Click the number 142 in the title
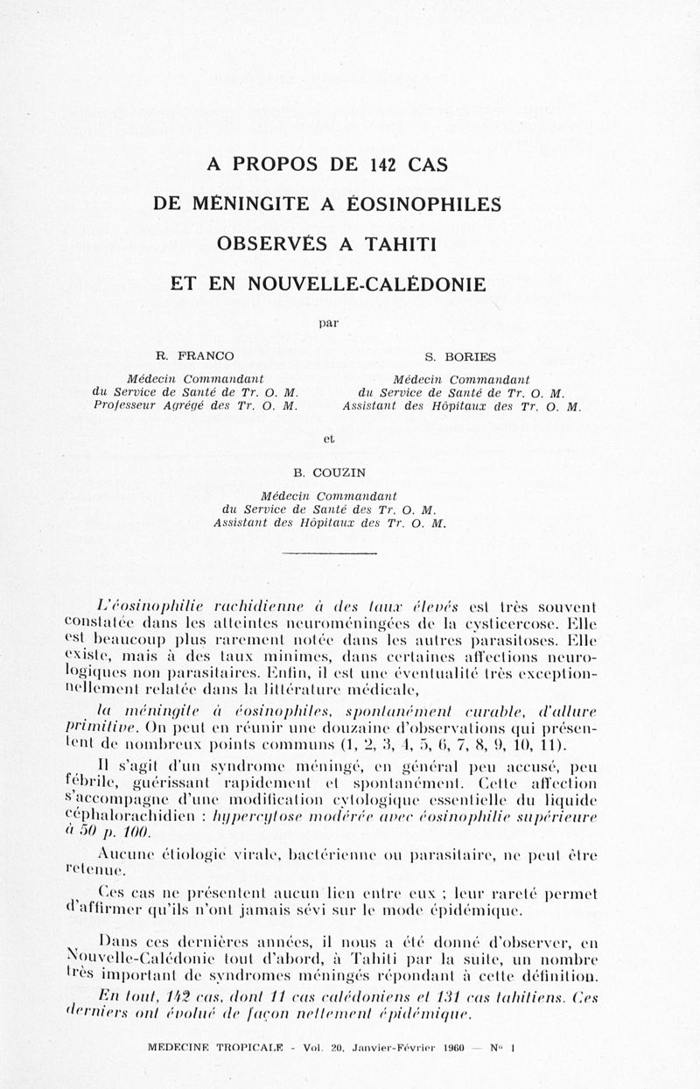(x=383, y=164)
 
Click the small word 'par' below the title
(x=328, y=323)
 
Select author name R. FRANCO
(x=195, y=355)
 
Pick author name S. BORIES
(x=460, y=356)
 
